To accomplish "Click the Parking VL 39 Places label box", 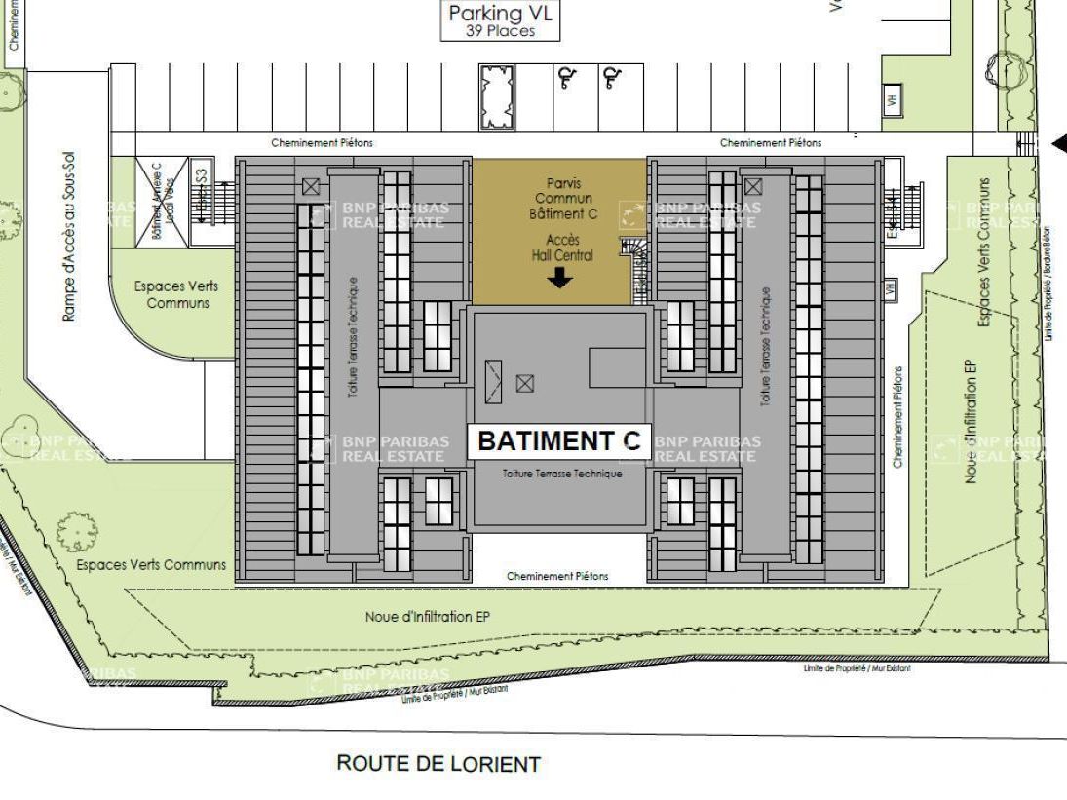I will click(x=501, y=21).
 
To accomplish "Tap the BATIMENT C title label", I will click(x=559, y=441).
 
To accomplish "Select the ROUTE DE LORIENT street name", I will click(x=438, y=763).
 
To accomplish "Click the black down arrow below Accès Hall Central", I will click(x=559, y=280).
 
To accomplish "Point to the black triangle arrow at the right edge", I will click(x=1059, y=144).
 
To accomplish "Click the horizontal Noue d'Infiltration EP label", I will click(x=427, y=617).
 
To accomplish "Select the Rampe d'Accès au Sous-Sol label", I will click(x=69, y=237).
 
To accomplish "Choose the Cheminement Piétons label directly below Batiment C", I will click(x=557, y=576).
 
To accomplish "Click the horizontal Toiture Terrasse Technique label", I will click(x=562, y=474).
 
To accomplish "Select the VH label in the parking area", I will click(x=890, y=100).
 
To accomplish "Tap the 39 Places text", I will click(x=501, y=31).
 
